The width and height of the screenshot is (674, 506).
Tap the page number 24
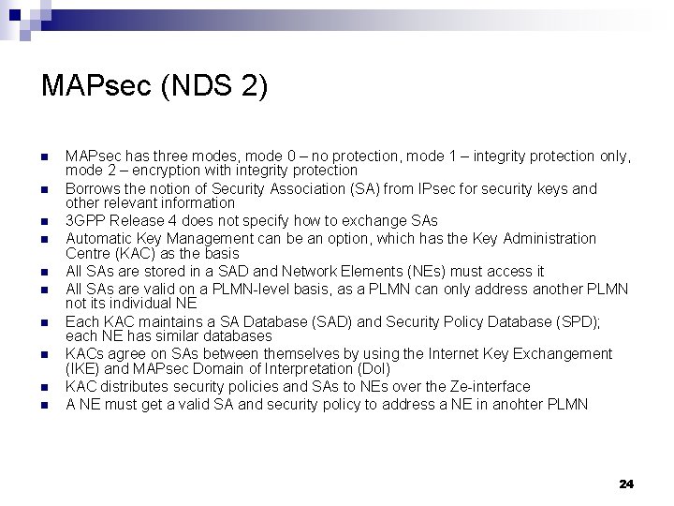626,484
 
